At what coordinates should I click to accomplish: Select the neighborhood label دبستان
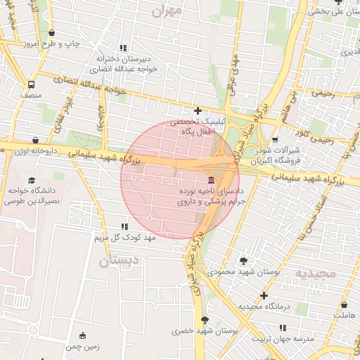pyautogui.click(x=115, y=262)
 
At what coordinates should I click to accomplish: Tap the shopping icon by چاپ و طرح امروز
pyautogui.click(x=52, y=33)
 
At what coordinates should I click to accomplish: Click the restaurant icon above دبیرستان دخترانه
pyautogui.click(x=124, y=48)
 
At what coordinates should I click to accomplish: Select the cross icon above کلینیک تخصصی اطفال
pyautogui.click(x=198, y=110)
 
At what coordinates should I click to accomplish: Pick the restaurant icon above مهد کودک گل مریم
pyautogui.click(x=124, y=226)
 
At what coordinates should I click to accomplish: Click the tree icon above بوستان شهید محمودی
pyautogui.click(x=243, y=260)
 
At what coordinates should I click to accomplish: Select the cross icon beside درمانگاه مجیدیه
pyautogui.click(x=264, y=296)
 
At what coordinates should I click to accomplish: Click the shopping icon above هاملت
pyautogui.click(x=344, y=306)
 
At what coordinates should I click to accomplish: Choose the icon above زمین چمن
pyautogui.click(x=83, y=335)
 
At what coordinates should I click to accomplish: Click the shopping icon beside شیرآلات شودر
pyautogui.click(x=274, y=140)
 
